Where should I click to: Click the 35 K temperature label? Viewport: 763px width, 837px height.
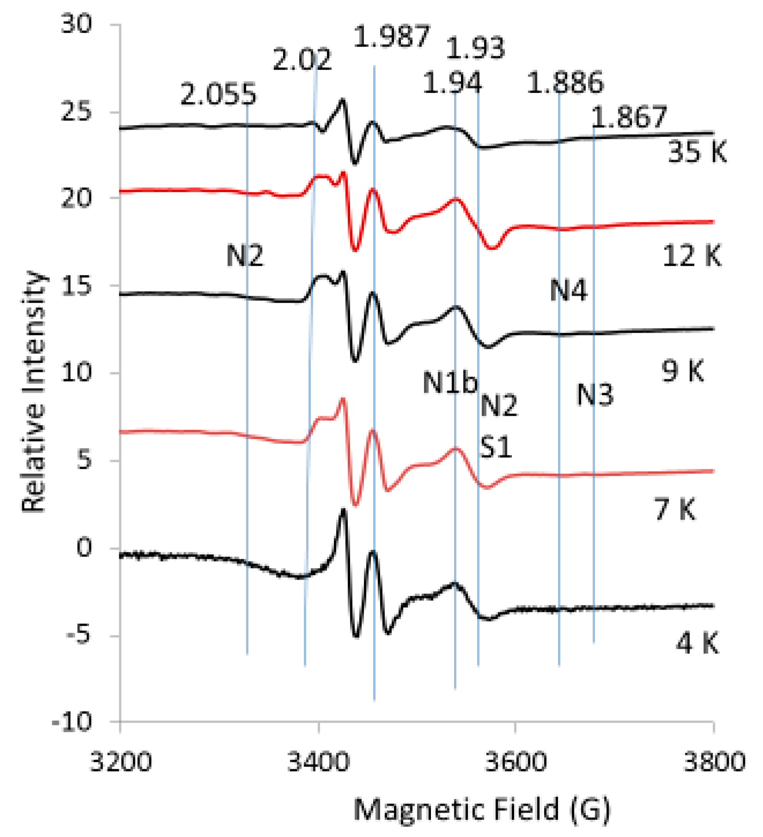click(697, 152)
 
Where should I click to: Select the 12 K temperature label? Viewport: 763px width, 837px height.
click(691, 256)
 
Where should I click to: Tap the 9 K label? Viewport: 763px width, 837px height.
click(682, 371)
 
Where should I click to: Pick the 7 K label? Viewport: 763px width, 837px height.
click(675, 509)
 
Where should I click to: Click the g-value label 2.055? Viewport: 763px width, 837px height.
click(218, 94)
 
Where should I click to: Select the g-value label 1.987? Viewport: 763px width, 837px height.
click(392, 37)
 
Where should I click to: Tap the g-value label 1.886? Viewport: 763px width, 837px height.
click(565, 83)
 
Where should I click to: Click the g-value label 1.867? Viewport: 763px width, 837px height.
click(629, 117)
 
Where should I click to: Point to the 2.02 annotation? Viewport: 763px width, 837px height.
click(302, 60)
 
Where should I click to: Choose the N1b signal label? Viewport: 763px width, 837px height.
click(450, 383)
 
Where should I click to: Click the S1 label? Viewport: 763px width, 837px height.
click(496, 447)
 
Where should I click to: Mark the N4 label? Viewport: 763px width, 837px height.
click(568, 291)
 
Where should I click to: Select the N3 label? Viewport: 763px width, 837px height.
click(595, 395)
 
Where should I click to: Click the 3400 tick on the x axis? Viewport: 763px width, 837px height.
click(318, 762)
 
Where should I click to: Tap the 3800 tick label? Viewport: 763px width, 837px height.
click(714, 762)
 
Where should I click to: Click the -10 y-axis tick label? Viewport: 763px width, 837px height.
click(72, 722)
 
